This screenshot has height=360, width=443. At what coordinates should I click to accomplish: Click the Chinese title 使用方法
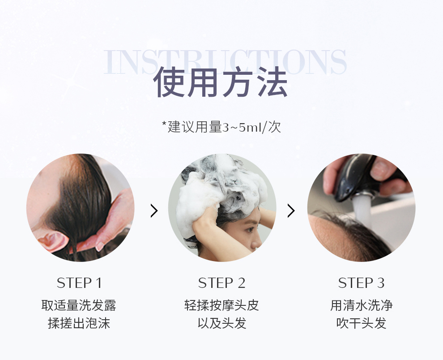[x=221, y=82]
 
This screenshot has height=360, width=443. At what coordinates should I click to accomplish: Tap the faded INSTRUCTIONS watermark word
[x=225, y=62]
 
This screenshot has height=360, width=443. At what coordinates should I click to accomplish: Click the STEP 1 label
[x=79, y=283]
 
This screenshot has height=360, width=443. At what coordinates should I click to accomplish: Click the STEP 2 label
[x=222, y=283]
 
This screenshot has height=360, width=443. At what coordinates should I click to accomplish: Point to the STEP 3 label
[x=362, y=283]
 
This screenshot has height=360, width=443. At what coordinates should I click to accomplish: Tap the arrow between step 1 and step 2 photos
[x=154, y=211]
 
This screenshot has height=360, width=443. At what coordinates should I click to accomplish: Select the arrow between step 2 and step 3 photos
[x=291, y=211]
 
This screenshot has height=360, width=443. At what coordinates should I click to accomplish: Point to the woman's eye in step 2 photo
[x=249, y=229]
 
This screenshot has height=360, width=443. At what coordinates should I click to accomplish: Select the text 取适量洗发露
[x=79, y=305]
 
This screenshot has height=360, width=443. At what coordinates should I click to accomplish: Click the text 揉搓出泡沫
[x=79, y=323]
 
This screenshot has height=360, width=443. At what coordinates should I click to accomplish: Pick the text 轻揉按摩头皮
[x=221, y=305]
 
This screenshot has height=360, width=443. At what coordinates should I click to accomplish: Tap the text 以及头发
[x=222, y=323]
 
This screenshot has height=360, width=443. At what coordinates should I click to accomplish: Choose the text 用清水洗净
[x=362, y=305]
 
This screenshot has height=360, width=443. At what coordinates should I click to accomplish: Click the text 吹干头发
[x=362, y=323]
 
